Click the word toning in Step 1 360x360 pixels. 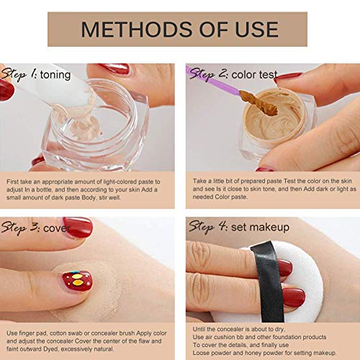[x=55, y=75]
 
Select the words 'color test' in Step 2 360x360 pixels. [x=254, y=75]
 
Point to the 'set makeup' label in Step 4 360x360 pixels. [x=260, y=228]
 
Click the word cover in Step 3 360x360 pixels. [x=57, y=228]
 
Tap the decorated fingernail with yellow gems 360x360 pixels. [x=77, y=282]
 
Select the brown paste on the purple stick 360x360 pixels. [x=258, y=103]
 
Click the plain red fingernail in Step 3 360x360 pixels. [x=78, y=228]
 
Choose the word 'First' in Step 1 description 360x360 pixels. [x=12, y=181]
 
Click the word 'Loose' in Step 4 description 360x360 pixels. [x=199, y=353]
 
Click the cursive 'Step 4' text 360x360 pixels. [x=208, y=227]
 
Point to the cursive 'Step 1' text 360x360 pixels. [x=19, y=74]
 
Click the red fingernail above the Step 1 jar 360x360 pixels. [x=116, y=69]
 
